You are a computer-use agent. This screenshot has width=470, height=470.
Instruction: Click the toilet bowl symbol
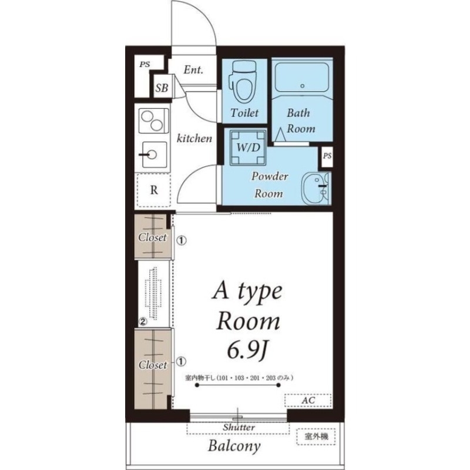click(243, 81)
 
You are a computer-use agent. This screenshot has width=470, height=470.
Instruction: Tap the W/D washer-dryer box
click(248, 147)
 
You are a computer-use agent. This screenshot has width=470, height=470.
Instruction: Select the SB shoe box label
click(162, 88)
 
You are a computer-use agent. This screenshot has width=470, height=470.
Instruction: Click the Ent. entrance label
click(193, 70)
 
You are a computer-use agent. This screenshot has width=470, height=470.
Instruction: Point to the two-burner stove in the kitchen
click(153, 120)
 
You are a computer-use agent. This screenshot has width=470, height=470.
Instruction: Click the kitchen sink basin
click(154, 155)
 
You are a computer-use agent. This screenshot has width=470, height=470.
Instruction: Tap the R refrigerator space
click(154, 190)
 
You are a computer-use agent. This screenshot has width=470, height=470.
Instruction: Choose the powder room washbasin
click(316, 188)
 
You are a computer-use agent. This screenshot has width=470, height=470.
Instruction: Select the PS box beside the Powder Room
click(327, 156)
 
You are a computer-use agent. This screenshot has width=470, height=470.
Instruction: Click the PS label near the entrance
click(145, 64)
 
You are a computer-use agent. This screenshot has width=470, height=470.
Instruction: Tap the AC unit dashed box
click(308, 401)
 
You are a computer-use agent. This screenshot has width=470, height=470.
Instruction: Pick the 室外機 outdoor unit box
click(316, 437)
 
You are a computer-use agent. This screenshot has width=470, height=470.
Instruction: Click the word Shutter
click(239, 427)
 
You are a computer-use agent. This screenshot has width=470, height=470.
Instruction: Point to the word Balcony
click(234, 446)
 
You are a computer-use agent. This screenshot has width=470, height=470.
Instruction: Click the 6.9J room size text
click(247, 350)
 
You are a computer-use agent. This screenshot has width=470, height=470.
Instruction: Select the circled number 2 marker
click(143, 321)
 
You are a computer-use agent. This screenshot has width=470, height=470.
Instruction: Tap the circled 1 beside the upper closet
click(182, 240)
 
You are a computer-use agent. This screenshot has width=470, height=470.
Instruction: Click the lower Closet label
click(153, 365)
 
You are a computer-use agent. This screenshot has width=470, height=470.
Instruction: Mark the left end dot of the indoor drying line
click(197, 385)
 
